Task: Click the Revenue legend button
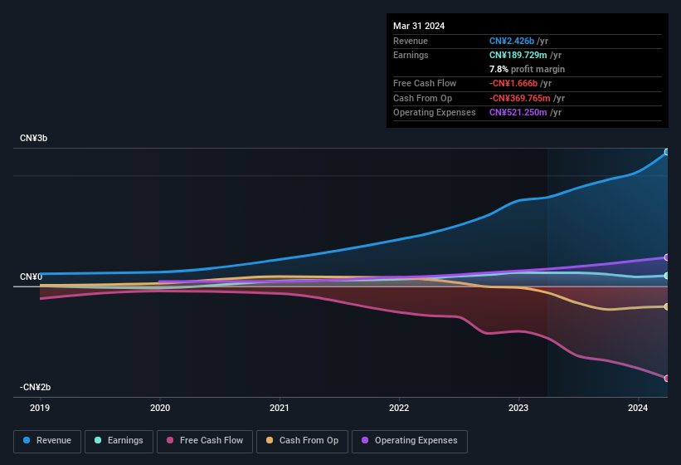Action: (47, 441)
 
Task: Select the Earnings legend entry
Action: (119, 441)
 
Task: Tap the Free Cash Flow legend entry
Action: (205, 441)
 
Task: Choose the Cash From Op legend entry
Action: (303, 441)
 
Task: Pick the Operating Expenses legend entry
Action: (409, 441)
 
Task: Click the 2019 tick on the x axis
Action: (40, 409)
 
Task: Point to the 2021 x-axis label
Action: (280, 409)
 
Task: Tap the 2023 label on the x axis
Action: (518, 409)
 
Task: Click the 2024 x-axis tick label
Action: (638, 409)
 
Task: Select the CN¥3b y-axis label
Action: (34, 138)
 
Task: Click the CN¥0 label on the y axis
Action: (32, 277)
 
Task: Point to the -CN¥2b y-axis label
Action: (36, 388)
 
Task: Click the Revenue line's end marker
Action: (666, 152)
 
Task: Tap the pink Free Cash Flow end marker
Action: (666, 378)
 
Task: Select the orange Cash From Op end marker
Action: (666, 306)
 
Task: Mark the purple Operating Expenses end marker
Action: (666, 257)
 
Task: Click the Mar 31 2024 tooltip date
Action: (419, 26)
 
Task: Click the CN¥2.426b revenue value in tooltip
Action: (513, 41)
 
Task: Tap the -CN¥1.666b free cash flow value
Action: (514, 83)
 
